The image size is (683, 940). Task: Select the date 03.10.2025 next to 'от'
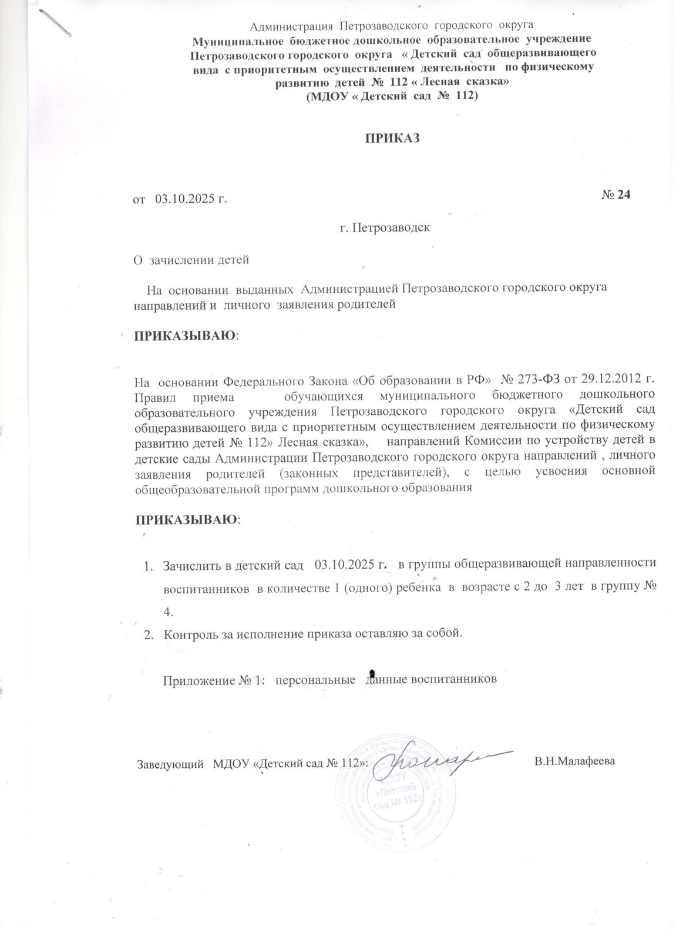(x=189, y=200)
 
